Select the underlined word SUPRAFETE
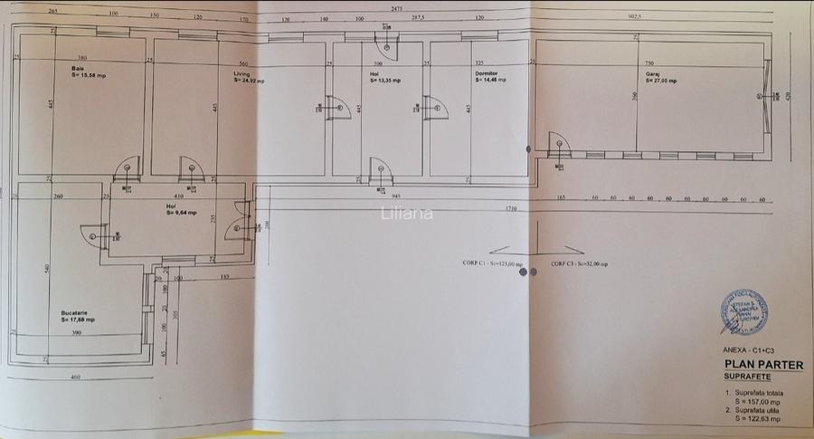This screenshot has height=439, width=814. coord(747,375)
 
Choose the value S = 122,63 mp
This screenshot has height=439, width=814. coord(758,418)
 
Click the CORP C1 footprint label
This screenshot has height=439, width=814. coord(487,264)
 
